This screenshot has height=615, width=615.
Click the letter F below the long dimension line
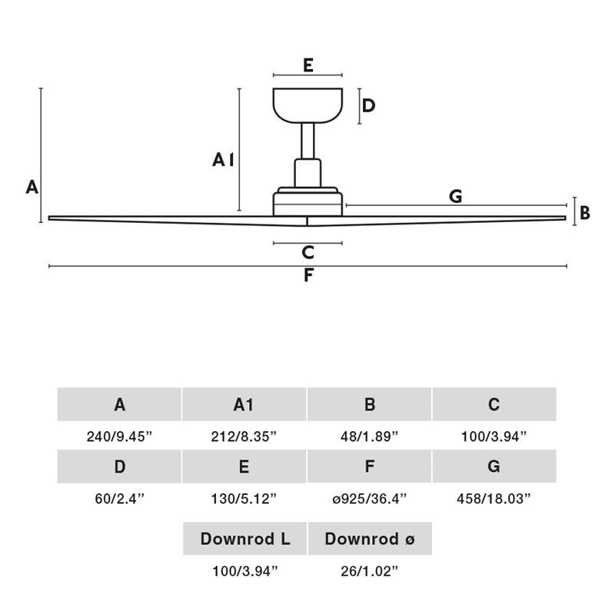click(x=307, y=276)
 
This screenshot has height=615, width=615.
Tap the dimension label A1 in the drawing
click(x=223, y=160)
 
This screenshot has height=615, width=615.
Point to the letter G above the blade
click(x=456, y=196)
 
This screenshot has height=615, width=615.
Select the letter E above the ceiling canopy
click(x=307, y=65)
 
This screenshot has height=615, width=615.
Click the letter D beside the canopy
click(x=368, y=106)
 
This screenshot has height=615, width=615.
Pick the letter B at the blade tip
click(x=585, y=213)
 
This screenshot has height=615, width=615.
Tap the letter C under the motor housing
click(x=307, y=252)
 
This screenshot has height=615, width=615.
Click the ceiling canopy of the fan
click(x=307, y=106)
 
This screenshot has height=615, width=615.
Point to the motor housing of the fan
click(x=307, y=202)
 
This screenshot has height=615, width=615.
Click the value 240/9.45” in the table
click(x=119, y=437)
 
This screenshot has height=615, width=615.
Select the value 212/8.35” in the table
click(x=244, y=437)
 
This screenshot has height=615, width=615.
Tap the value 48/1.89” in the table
click(x=370, y=437)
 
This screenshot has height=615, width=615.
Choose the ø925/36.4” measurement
click(x=370, y=498)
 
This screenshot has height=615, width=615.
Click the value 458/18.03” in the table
click(x=494, y=498)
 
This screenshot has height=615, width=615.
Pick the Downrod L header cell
click(x=244, y=539)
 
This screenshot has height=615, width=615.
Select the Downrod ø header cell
click(x=370, y=539)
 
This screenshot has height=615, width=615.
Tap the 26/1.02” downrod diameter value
click(x=370, y=571)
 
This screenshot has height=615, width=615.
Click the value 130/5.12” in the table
click(x=244, y=498)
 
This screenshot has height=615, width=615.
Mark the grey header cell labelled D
click(x=119, y=467)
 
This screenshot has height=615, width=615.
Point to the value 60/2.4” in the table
click(x=119, y=498)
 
